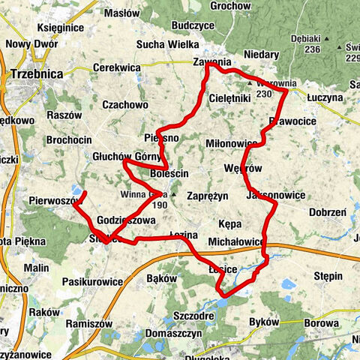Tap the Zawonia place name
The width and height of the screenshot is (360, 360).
211,62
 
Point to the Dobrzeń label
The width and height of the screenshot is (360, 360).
326,213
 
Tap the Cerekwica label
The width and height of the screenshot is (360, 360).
116,67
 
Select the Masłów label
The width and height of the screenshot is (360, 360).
121,13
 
